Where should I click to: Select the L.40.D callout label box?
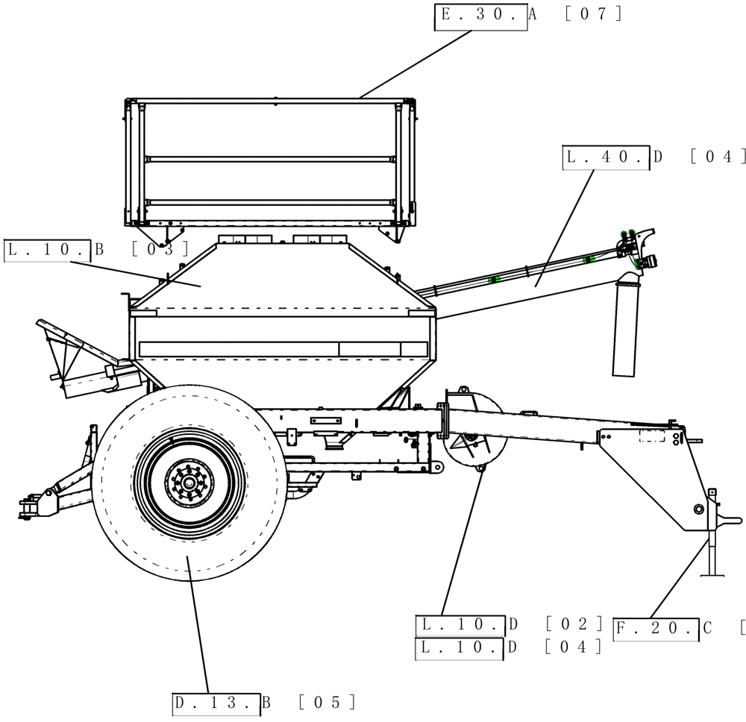pyautogui.click(x=606, y=159)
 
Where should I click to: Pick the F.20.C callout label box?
pyautogui.click(x=656, y=630)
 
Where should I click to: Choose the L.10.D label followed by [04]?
pyautogui.click(x=460, y=648)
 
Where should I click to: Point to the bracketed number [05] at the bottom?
pyautogui.click(x=326, y=703)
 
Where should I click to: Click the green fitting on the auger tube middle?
pyautogui.click(x=493, y=280)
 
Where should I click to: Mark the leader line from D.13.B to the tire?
pyautogui.click(x=199, y=627)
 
